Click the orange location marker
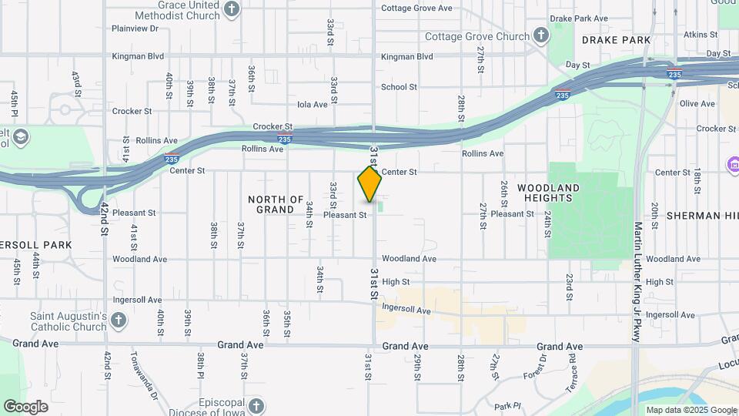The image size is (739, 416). (x=369, y=184)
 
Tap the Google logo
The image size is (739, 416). (x=25, y=407)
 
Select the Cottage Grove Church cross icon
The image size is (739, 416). (x=541, y=36)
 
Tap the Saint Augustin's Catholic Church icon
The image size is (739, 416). (x=119, y=320)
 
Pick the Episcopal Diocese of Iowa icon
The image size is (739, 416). (x=256, y=405)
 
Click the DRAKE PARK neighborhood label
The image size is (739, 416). (x=616, y=39)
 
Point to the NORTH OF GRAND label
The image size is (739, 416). (x=276, y=204)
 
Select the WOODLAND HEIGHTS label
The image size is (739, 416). (x=548, y=193)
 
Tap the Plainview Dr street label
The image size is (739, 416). (x=135, y=29)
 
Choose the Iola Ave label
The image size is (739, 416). (x=313, y=104)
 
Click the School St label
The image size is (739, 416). (x=399, y=87)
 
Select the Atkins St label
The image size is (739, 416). (x=701, y=35)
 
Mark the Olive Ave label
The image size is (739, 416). (x=697, y=103)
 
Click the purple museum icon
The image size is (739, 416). (x=732, y=164)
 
